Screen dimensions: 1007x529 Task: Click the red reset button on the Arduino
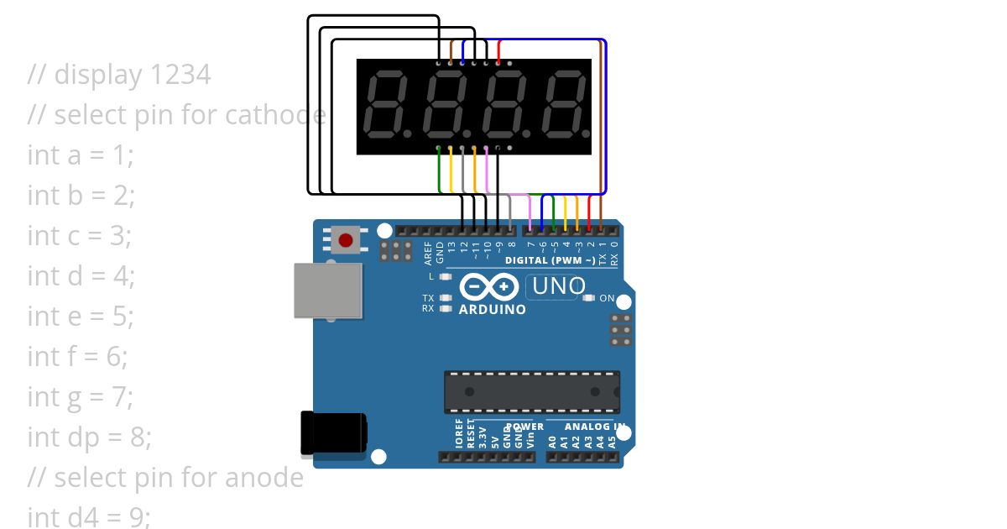(x=345, y=240)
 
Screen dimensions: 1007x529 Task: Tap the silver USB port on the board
(x=328, y=291)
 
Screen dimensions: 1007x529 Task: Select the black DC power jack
(x=333, y=432)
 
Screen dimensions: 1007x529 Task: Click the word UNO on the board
(x=559, y=286)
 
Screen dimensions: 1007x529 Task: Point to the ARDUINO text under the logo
(x=493, y=310)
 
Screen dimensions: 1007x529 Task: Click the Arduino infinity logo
(x=489, y=288)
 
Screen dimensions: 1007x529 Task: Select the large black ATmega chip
(x=532, y=392)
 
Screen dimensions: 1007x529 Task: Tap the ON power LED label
(x=607, y=298)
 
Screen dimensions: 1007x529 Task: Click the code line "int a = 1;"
(x=81, y=155)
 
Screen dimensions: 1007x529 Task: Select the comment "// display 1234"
(x=119, y=75)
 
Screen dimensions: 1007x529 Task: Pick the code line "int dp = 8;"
(x=89, y=437)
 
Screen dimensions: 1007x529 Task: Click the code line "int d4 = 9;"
(x=89, y=517)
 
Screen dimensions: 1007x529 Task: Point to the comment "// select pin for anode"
(x=165, y=478)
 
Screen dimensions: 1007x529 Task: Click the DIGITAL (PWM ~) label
(x=550, y=261)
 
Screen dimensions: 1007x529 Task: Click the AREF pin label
(x=428, y=253)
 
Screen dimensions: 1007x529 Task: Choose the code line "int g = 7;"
(x=81, y=397)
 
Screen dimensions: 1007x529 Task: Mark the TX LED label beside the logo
(x=428, y=298)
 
